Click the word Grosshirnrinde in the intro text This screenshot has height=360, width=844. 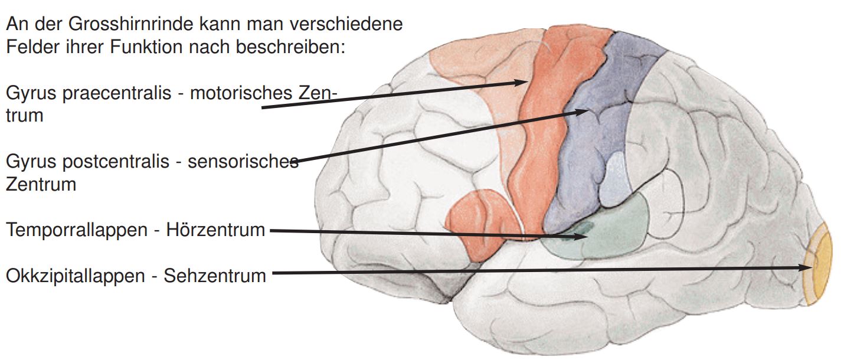(109, 25)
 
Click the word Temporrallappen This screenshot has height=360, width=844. (76, 230)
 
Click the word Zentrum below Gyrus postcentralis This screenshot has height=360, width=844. (41, 184)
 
